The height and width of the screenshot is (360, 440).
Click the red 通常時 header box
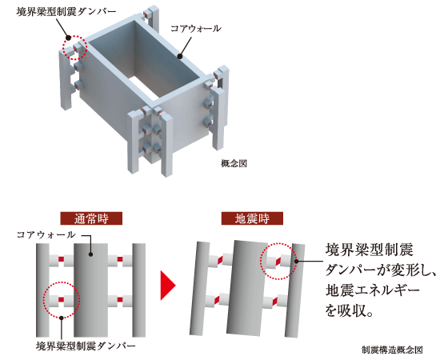[90, 218]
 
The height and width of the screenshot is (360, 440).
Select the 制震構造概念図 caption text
[391, 350]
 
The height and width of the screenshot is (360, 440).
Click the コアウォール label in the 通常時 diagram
[47, 235]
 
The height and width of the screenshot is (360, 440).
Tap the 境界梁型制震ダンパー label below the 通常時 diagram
[86, 346]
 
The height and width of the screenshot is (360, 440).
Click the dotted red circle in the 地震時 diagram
[277, 261]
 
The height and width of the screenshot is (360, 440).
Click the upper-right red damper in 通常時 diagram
[120, 260]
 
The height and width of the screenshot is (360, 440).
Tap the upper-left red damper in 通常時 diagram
[60, 260]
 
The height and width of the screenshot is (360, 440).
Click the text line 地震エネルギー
[375, 287]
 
